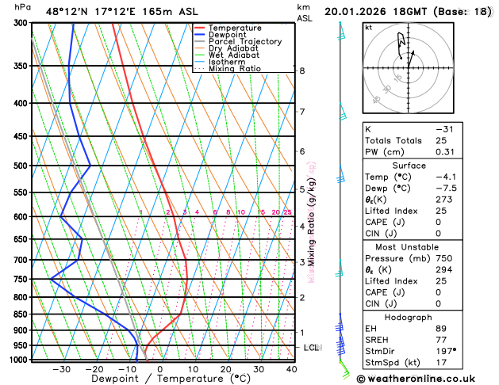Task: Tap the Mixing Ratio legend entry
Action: coord(234,69)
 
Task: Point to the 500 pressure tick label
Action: coord(21,166)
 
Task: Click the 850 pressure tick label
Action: coord(21,314)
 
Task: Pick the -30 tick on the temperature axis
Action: coord(62,369)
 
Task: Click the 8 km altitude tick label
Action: coord(301,71)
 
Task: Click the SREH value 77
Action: coord(441,340)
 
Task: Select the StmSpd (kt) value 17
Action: coord(441,362)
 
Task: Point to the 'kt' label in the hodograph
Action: coord(368,27)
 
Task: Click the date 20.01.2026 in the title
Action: coord(354,12)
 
